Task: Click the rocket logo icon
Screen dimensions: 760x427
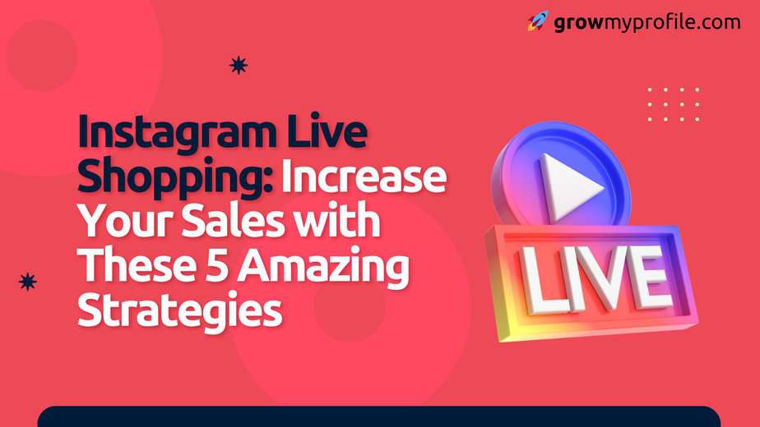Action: point(538,21)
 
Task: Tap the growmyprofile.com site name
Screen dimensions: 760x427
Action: point(647,23)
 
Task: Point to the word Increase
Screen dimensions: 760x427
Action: point(364,176)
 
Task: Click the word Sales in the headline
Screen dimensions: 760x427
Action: point(233,221)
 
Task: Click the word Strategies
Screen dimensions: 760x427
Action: point(180,310)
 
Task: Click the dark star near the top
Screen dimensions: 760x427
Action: point(239,65)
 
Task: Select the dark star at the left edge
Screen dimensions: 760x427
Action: point(28,282)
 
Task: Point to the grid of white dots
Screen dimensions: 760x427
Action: point(674,104)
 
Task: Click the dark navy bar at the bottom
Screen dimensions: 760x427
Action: point(379,417)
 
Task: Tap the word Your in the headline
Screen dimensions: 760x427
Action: point(126,221)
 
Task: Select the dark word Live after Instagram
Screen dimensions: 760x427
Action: point(327,131)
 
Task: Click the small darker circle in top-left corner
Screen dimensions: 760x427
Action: point(41,55)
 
